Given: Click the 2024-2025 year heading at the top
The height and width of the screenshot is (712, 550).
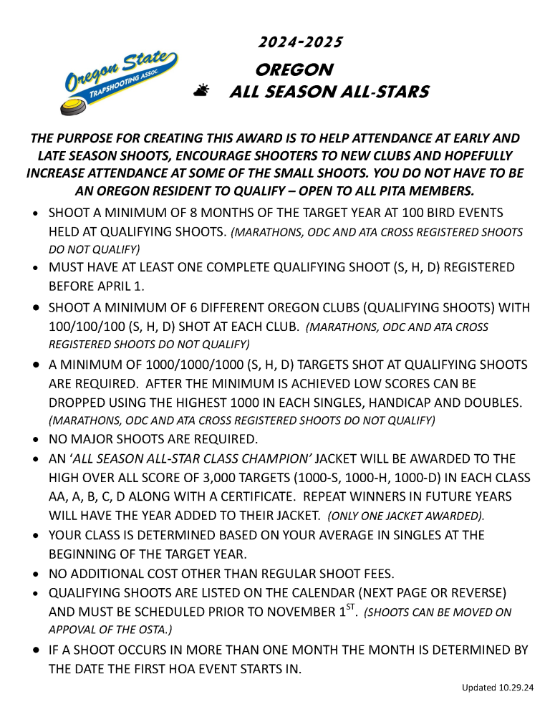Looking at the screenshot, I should (300, 42).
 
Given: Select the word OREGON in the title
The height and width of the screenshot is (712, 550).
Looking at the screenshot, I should (294, 70).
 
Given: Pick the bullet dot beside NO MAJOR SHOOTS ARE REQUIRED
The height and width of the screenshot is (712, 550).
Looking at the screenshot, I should (37, 439).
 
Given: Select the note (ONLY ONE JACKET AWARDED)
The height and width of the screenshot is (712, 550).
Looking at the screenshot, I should (406, 516).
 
